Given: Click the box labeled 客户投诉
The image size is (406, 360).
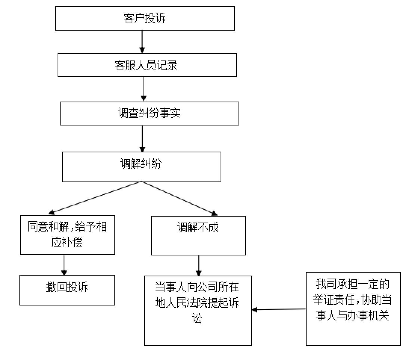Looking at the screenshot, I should pos(145,18).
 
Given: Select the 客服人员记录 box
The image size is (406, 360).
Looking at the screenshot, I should pos(147,65).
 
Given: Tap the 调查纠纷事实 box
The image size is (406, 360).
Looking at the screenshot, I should pos(149,113).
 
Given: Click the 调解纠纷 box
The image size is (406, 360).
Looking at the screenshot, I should pos(141,166).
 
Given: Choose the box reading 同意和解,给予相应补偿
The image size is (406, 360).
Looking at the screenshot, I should pos(67,235).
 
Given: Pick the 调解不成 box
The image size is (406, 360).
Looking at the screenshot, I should pos(198,235).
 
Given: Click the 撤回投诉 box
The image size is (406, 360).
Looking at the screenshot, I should pos(67,290).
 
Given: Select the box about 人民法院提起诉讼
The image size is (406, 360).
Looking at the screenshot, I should pos(198,310).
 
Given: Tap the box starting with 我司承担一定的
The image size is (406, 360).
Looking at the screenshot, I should pos(353,308).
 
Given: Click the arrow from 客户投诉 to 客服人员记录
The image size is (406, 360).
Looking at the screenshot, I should pos(142,41).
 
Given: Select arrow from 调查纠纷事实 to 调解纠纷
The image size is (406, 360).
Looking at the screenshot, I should pos(142,138).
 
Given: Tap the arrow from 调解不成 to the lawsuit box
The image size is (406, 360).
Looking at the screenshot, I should pos(199,265).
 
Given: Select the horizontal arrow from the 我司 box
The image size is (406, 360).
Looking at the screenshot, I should pos(279,310).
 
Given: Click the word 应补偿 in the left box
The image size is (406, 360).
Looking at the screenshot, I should pos(67,243).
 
